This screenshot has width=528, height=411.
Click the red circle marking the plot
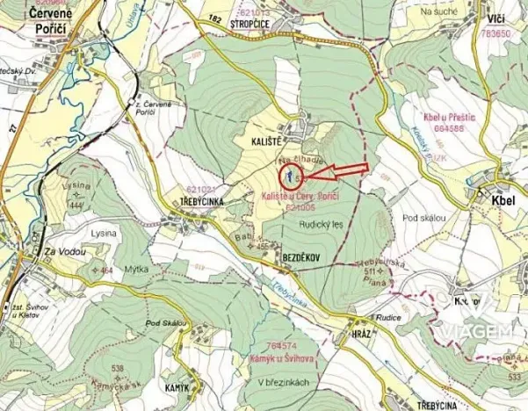(x=287, y=176)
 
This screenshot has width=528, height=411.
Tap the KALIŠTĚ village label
(x=262, y=140)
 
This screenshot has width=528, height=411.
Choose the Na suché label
(x=440, y=11)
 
